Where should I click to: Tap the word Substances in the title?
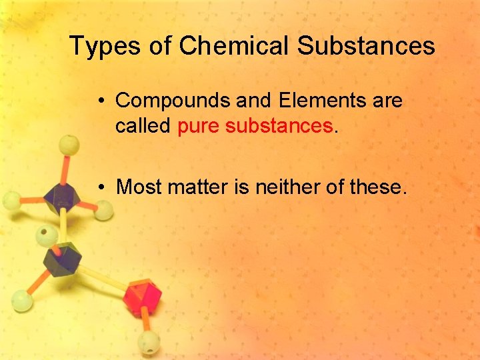click(366, 46)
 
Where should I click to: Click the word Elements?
click(321, 101)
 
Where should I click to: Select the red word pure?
click(199, 125)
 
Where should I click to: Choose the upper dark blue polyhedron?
click(63, 197)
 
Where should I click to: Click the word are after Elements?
click(387, 101)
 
